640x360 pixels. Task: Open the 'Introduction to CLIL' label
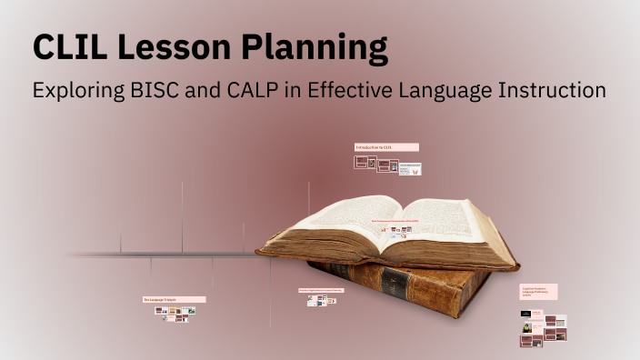(385, 146)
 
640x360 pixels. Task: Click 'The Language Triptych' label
(173, 299)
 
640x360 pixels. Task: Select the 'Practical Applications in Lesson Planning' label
(321, 291)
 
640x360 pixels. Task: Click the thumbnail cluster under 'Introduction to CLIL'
(387, 165)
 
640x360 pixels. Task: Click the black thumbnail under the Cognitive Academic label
(526, 314)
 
